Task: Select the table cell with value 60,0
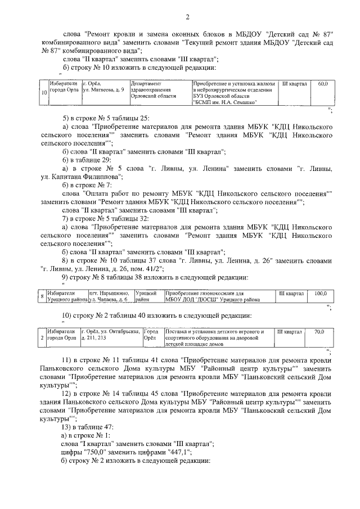[322, 84]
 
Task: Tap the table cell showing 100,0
[320, 294]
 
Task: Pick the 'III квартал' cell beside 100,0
[291, 294]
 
